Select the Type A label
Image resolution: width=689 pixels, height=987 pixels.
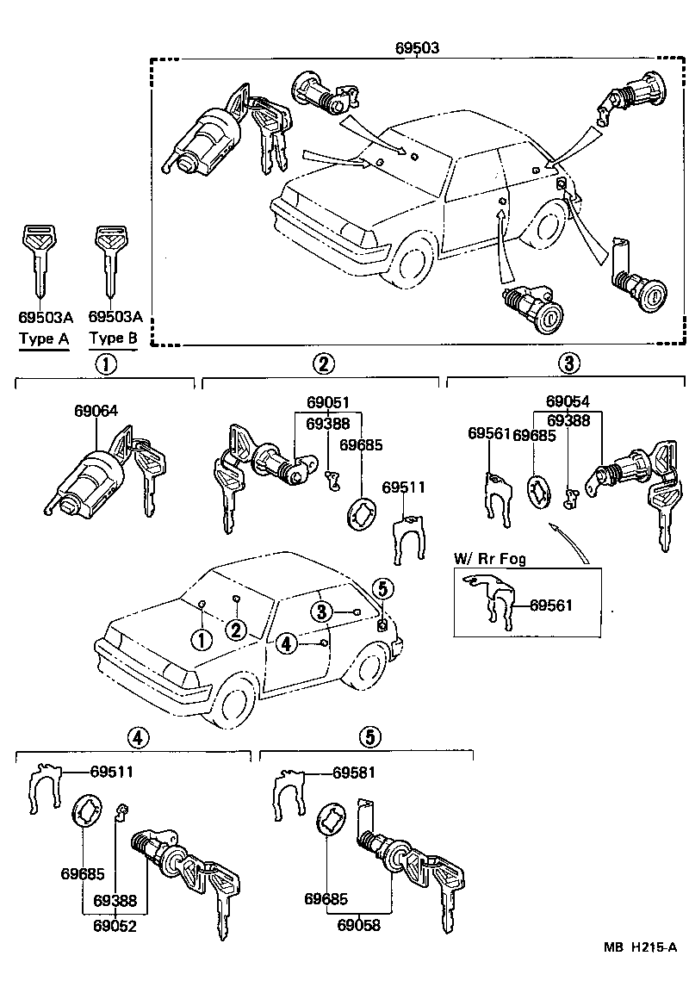click(43, 338)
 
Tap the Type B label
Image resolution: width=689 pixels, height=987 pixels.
click(113, 338)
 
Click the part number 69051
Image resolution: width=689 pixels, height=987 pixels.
click(328, 403)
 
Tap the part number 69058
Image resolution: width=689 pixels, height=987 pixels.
click(359, 926)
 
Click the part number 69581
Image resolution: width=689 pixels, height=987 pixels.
click(354, 773)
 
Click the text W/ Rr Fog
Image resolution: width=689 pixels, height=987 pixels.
click(490, 559)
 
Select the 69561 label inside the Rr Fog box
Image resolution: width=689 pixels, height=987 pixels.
click(550, 605)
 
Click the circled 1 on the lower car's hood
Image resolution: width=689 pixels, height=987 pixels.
click(201, 639)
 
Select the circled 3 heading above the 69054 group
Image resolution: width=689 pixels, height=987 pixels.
click(567, 363)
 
